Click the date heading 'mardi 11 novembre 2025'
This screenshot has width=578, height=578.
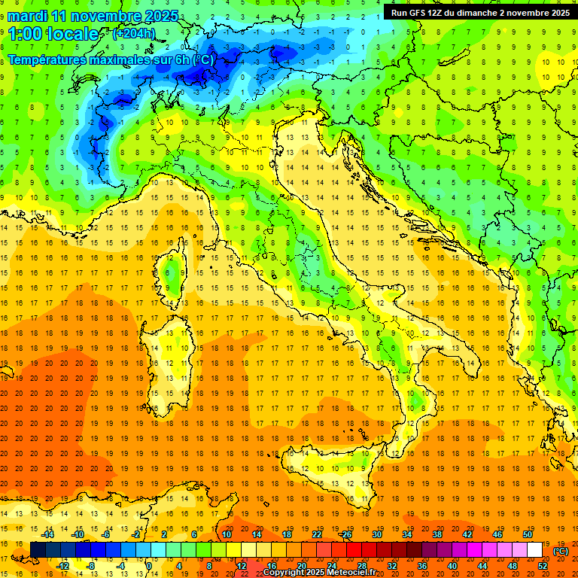coord(93,16)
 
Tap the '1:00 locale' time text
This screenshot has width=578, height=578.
coord(53,34)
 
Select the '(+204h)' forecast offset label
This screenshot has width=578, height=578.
coord(134,34)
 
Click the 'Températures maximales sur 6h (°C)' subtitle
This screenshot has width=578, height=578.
coord(110,59)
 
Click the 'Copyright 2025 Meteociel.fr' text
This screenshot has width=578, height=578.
coord(324,573)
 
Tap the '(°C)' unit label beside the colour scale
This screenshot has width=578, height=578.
coord(561,551)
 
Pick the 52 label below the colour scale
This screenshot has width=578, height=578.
coord(543,566)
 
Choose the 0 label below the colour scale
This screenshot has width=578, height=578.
coord(149,566)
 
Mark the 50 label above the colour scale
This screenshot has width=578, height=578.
coord(527,535)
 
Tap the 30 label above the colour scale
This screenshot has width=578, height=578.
coord(376,535)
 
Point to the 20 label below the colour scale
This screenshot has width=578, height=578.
coord(301,566)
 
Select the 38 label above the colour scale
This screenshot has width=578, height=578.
coord(437,535)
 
